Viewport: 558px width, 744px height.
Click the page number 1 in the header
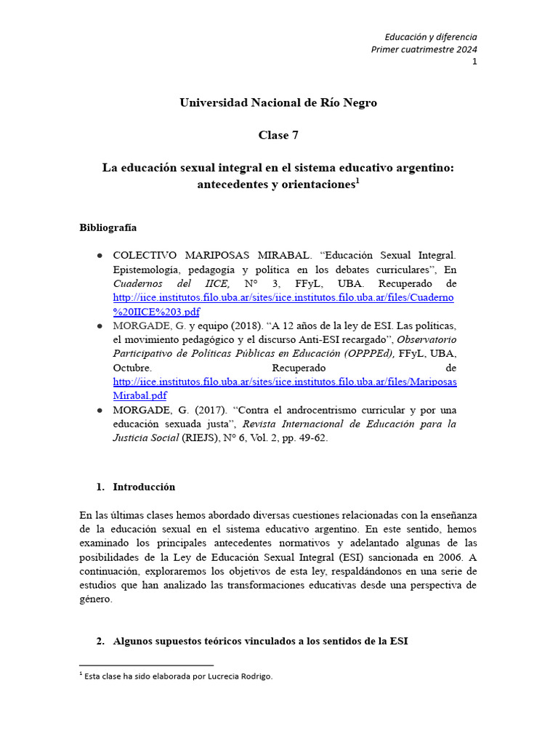474,62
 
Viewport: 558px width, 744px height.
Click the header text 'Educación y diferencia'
431,37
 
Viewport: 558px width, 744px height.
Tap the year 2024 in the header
464,49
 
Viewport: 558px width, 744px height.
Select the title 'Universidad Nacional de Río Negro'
278,102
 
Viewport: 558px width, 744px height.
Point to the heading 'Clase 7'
278,135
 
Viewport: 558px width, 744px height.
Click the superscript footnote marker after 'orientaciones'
357,181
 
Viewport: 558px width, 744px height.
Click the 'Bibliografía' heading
108,227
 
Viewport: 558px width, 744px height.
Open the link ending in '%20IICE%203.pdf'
156,312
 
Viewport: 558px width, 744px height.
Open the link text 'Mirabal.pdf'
139,396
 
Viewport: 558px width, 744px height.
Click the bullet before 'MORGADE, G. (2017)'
99,411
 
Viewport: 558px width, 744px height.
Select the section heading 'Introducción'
144,487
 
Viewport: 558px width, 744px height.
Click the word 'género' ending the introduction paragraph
94,599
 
